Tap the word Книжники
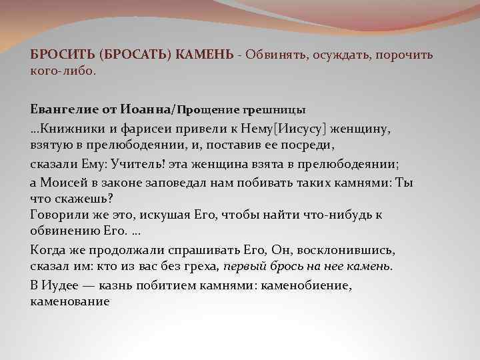tap(71, 127)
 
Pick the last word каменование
tap(70, 301)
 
